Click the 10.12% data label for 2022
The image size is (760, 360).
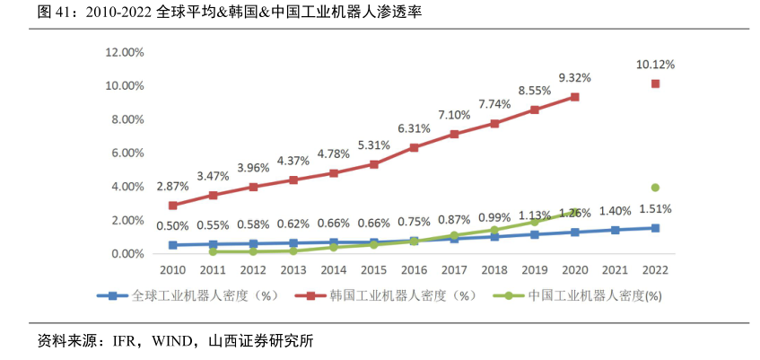[655, 65]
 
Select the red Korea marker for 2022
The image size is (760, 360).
[655, 83]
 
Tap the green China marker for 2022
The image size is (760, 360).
[655, 188]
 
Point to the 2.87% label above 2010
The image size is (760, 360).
[172, 186]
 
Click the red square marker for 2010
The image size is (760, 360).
[172, 206]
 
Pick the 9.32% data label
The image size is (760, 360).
[574, 78]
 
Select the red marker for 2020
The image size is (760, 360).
[574, 97]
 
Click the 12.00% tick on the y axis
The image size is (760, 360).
[125, 52]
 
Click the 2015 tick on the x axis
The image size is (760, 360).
[373, 269]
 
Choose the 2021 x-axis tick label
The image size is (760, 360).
[615, 269]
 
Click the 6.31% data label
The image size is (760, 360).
[414, 128]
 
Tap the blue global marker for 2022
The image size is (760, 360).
[655, 228]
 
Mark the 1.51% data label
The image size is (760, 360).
[655, 209]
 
